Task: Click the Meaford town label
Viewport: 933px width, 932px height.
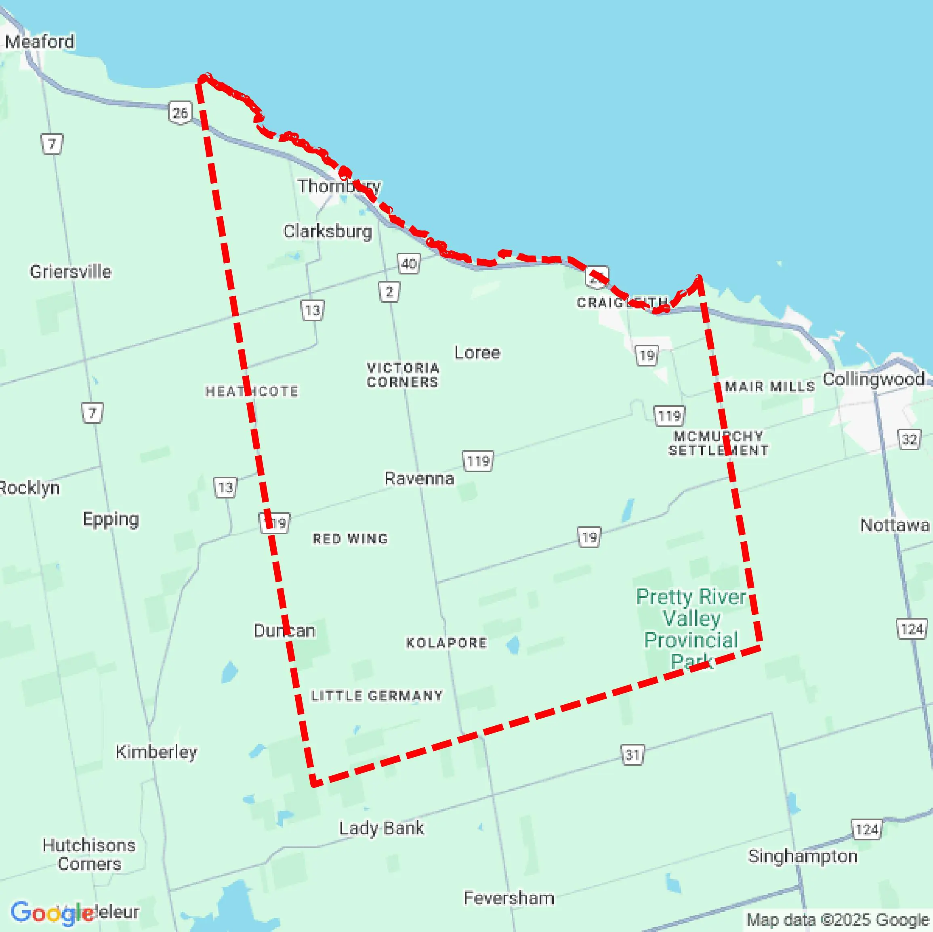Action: click(40, 42)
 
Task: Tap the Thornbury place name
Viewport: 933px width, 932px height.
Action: click(338, 186)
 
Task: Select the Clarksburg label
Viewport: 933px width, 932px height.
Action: click(328, 231)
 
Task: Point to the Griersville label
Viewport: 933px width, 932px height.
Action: click(71, 272)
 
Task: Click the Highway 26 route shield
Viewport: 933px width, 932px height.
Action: click(180, 113)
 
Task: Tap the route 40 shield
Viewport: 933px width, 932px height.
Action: click(409, 264)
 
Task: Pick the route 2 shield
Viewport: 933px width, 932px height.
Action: click(389, 291)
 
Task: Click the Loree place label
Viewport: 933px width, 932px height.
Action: click(477, 353)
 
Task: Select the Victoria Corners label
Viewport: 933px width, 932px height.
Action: click(403, 375)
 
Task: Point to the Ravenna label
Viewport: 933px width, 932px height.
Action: click(419, 478)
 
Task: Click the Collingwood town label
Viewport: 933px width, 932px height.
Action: click(874, 379)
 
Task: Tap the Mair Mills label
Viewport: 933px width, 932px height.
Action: click(770, 387)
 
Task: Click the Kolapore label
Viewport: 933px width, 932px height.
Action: click(447, 643)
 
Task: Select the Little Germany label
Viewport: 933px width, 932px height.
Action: click(377, 695)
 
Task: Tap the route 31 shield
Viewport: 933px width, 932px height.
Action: click(633, 754)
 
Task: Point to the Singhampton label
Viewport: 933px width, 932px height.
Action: click(803, 856)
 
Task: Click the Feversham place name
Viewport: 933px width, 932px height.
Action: click(509, 898)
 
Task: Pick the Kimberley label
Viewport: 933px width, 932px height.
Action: click(156, 752)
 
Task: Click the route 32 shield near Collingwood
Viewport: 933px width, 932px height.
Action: click(909, 439)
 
